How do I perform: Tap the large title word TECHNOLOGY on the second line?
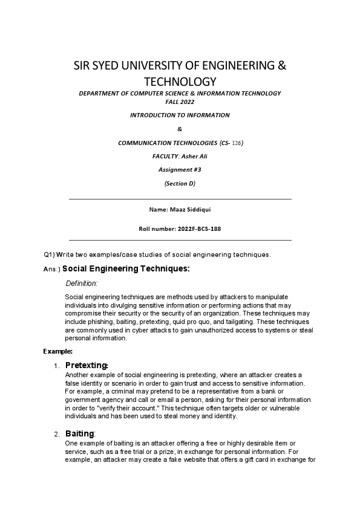(180, 81)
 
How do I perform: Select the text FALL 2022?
(180, 102)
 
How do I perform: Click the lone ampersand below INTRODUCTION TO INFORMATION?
(180, 128)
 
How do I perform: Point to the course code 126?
(235, 143)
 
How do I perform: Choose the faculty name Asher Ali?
(193, 156)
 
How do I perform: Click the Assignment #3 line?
(180, 170)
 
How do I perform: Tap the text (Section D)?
(180, 183)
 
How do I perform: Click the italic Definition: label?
(81, 283)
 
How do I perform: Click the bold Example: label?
(57, 351)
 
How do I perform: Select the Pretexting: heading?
(87, 365)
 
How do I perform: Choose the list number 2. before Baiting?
(56, 434)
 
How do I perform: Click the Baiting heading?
(79, 433)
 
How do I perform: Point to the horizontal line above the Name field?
(180, 198)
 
